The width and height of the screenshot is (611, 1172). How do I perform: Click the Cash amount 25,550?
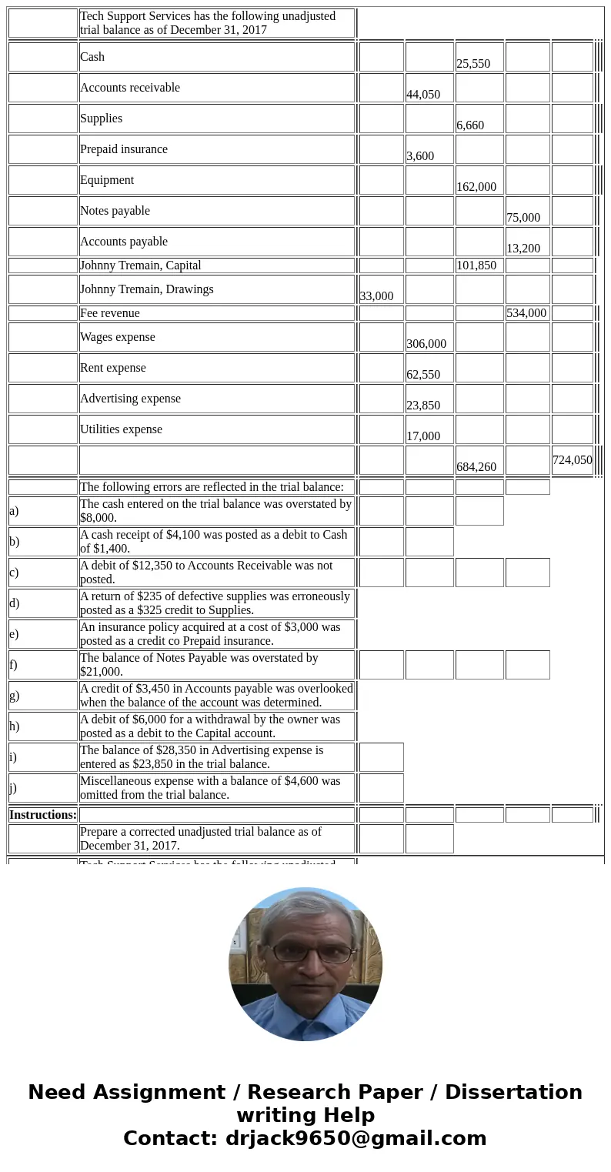coord(473,64)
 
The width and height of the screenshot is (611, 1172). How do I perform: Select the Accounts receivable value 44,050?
coord(423,95)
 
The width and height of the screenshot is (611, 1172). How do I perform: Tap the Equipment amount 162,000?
coord(476,187)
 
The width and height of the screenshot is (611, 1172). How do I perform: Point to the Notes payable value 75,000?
coord(523,218)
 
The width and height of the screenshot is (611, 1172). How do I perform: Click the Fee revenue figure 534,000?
coord(526,313)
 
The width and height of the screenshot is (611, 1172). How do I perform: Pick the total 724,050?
coord(573,460)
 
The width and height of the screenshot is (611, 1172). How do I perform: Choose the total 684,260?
coord(476,467)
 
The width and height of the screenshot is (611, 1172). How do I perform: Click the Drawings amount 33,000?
coord(376,296)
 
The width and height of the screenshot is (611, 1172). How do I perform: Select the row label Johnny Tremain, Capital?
coord(141,265)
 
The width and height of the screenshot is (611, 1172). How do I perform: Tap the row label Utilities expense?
coord(122,429)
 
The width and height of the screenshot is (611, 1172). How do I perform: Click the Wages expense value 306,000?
coord(426,344)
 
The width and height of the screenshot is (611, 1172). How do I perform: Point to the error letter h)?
coord(15,726)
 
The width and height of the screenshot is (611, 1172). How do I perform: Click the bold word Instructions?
coord(43,815)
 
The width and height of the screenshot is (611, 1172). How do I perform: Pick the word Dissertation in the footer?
coord(513,1092)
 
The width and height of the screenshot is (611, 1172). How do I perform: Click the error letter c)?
coord(14,573)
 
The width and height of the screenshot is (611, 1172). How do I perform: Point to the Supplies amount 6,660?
coord(470,125)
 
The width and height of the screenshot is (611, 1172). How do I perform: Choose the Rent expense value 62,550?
coord(423,375)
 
